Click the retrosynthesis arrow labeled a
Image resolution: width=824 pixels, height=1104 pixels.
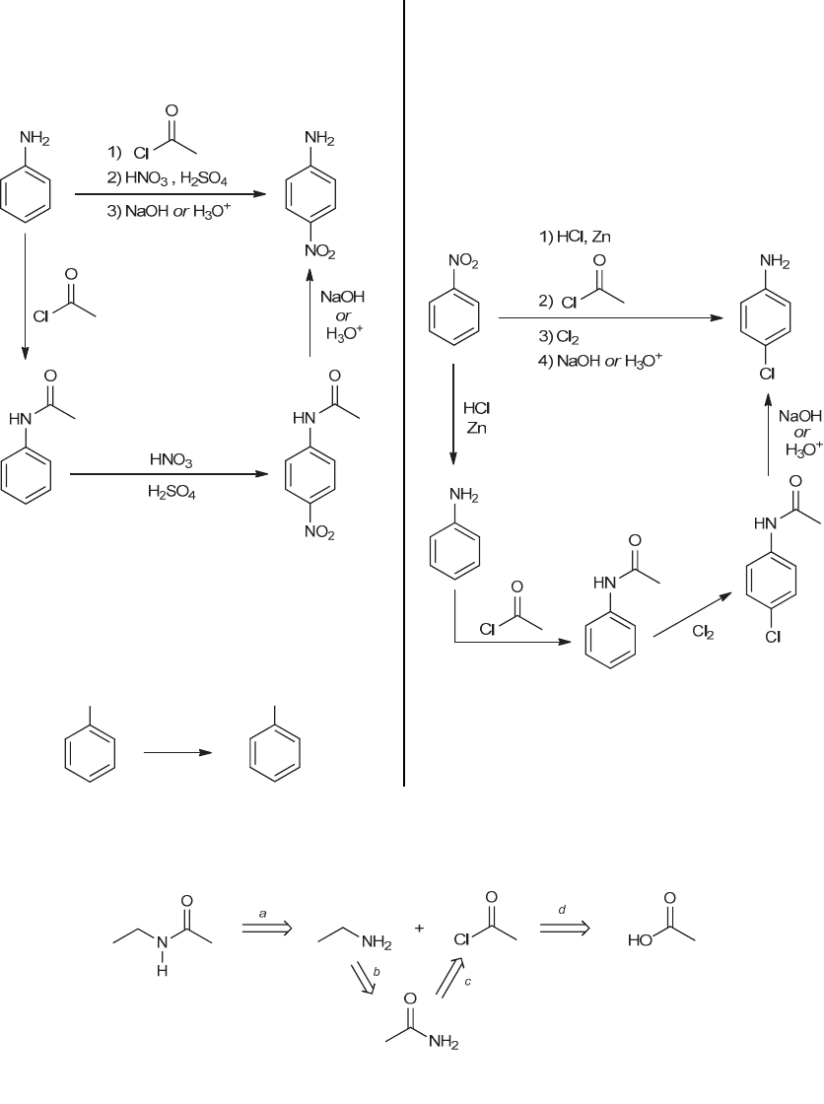point(267,930)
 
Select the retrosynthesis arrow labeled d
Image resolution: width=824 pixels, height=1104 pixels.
point(565,929)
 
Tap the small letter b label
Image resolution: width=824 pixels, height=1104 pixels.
point(377,972)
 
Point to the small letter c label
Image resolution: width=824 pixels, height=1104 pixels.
point(467,983)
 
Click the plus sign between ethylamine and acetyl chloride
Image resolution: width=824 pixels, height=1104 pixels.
point(419,928)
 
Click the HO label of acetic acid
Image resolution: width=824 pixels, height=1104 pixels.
point(639,939)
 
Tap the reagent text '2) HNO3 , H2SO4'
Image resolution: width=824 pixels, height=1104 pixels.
point(167,178)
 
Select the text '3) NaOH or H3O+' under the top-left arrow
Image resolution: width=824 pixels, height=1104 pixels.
point(169,211)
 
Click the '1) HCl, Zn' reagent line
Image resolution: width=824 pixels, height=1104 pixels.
point(575,237)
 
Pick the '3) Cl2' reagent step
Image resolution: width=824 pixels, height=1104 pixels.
point(559,337)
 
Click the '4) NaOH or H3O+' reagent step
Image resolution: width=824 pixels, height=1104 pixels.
point(600,361)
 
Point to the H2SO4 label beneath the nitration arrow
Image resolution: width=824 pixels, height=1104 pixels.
point(172,492)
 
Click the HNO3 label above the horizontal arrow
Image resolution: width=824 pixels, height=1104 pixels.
point(172,460)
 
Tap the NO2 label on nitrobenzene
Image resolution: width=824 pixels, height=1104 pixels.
point(463,262)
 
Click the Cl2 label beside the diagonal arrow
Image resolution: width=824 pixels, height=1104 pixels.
point(703,632)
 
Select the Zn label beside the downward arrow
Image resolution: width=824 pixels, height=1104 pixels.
point(477,428)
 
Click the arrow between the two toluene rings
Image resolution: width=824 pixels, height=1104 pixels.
point(177,753)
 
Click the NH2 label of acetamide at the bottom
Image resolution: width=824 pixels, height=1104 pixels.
point(443,1043)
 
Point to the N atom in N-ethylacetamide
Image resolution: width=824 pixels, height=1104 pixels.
point(162,941)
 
